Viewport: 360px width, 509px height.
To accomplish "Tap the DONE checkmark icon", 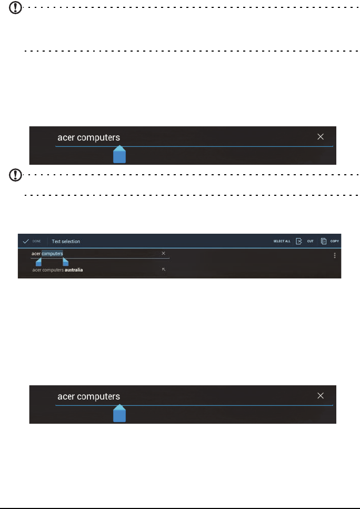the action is [x=25, y=241].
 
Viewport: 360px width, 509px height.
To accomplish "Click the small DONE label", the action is [x=36, y=241].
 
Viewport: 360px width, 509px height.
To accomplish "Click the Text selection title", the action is [x=66, y=242].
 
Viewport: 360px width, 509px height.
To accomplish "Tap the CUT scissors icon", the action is [x=299, y=241].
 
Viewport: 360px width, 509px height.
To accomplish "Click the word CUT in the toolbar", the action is [x=311, y=242].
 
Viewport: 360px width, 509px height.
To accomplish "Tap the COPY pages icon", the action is [x=324, y=241].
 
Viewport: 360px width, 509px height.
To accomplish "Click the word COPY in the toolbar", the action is [x=335, y=242].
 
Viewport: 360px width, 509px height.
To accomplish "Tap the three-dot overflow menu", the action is [x=335, y=255].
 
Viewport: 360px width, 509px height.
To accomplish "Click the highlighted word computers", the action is [x=52, y=253].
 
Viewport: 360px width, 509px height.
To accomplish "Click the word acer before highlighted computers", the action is [x=36, y=253].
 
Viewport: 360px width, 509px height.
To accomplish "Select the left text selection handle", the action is [x=38, y=262].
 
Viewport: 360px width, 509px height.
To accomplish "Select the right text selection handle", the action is [x=65, y=262].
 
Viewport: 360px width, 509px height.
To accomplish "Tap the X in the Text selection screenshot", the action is [x=163, y=253].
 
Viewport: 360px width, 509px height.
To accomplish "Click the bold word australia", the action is [x=74, y=270].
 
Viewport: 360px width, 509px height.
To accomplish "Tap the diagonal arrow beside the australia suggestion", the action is [x=164, y=270].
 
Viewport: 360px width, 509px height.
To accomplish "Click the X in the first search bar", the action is [x=321, y=136].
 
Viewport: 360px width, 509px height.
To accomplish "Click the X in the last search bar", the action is [x=321, y=396].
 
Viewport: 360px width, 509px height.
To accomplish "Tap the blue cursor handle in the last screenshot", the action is [x=120, y=415].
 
